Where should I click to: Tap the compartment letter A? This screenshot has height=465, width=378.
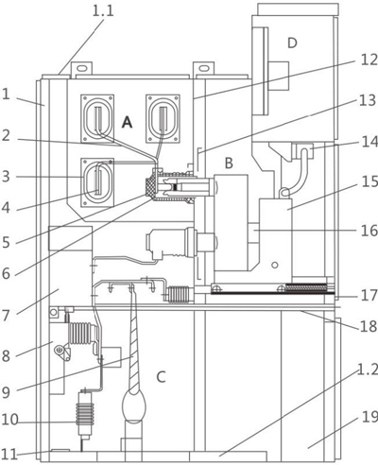point(127,122)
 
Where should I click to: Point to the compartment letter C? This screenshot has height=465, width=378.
point(161,377)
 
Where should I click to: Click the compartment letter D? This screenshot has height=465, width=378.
point(292,43)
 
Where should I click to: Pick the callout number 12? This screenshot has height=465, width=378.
point(363,60)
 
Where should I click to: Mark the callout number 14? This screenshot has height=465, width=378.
point(363,145)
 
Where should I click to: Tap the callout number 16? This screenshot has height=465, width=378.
point(363,230)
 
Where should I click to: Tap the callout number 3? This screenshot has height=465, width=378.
point(8,176)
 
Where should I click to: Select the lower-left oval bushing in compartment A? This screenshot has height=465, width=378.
point(98,178)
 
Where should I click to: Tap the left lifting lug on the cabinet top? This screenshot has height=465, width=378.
point(82,69)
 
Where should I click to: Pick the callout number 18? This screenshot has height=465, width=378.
point(363,326)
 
